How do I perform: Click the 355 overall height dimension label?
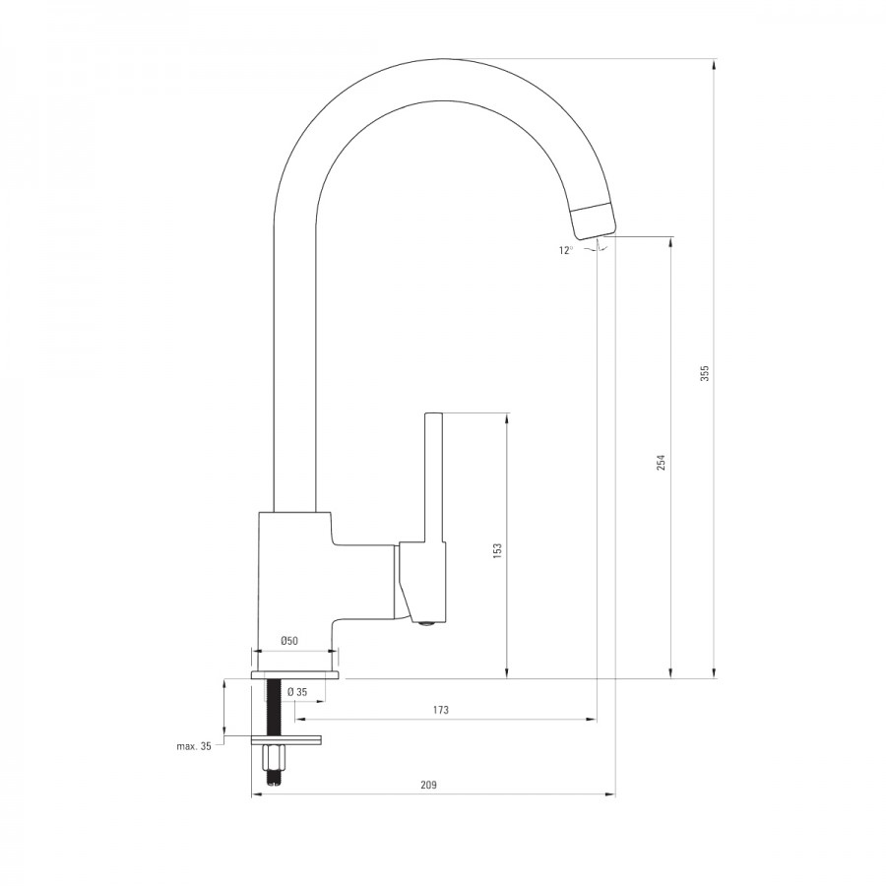tap(705, 373)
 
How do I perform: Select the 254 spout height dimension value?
tap(662, 462)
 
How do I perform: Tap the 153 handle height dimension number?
tap(497, 551)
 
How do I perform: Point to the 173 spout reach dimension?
tap(441, 710)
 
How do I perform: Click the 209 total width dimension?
tap(428, 785)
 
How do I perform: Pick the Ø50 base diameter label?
tap(288, 641)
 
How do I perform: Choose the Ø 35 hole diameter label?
tap(297, 692)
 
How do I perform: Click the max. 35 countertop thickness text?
tap(194, 746)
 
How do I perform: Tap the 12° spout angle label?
tap(566, 250)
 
